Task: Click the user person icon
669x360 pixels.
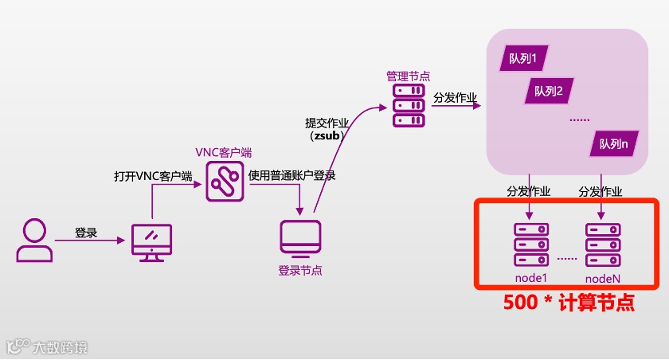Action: point(33,241)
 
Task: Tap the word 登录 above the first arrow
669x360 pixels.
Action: point(86,233)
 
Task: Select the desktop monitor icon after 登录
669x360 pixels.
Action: point(151,241)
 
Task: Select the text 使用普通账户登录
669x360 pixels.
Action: point(291,176)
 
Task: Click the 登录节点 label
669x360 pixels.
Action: point(300,271)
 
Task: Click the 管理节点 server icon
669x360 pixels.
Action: point(409,106)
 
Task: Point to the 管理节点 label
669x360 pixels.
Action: point(409,76)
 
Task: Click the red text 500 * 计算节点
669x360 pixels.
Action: point(569,303)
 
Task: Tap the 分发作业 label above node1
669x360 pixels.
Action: point(529,191)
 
